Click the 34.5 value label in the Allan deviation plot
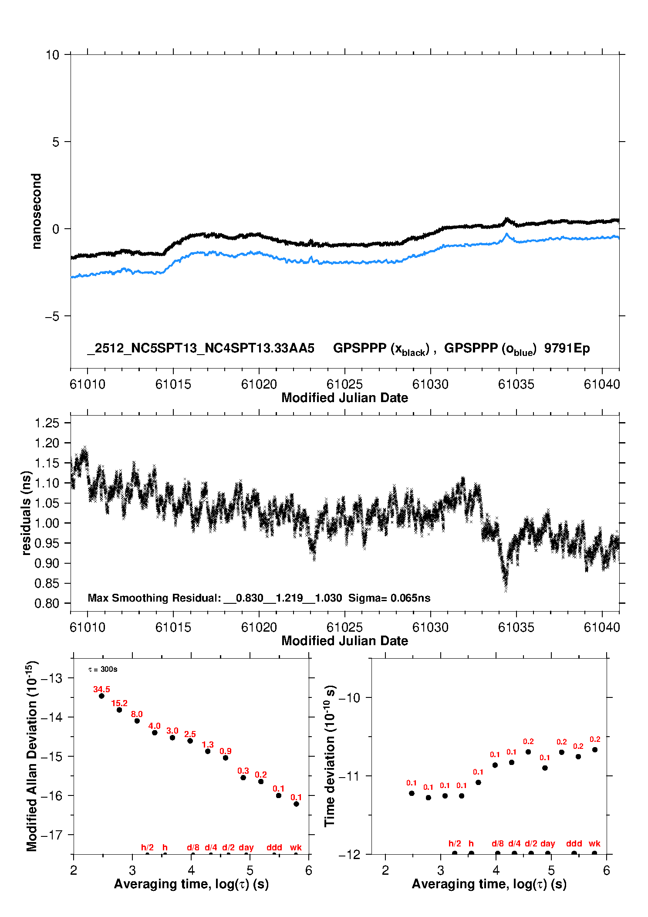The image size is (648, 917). tap(101, 689)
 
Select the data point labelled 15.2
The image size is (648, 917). tap(119, 710)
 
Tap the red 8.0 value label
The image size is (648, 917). tap(137, 714)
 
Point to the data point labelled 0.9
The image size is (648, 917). tap(226, 758)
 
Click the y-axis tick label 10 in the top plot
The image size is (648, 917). tap(52, 55)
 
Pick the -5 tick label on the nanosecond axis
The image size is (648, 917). tap(52, 316)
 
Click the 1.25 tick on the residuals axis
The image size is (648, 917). tap(47, 423)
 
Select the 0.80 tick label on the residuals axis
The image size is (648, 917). tap(47, 603)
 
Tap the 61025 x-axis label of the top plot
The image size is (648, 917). tap(344, 384)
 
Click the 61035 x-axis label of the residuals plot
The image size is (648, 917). tap(516, 627)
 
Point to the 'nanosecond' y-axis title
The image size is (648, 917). tap(36, 211)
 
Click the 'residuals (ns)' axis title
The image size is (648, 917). tap(26, 513)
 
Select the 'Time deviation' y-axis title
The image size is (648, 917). tap(330, 756)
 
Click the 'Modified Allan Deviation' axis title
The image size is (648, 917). tap(32, 756)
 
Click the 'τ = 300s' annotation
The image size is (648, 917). tap(103, 669)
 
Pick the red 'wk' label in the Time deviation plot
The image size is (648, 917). tap(594, 843)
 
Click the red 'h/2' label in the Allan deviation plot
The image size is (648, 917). tap(147, 847)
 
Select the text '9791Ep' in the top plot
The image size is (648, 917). tap(567, 348)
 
